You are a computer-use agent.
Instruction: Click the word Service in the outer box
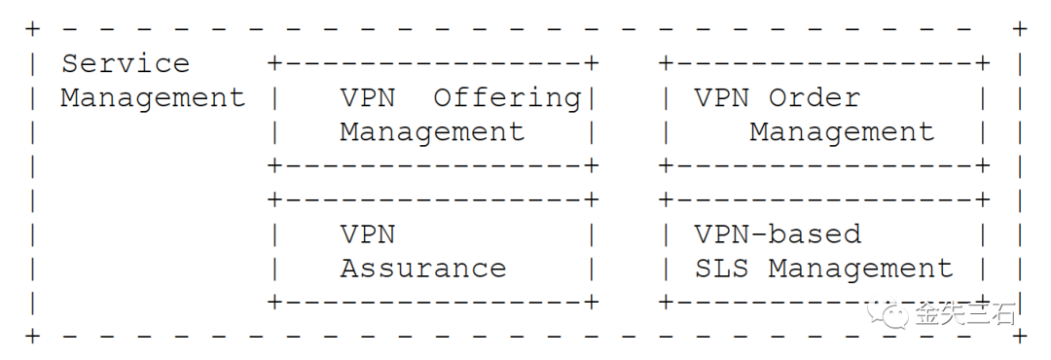(x=126, y=64)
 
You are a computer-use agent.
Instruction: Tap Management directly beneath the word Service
(x=153, y=98)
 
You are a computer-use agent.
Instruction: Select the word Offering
(x=507, y=98)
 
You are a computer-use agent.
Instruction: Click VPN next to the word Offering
(x=367, y=98)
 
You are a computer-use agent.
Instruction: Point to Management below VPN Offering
(x=432, y=132)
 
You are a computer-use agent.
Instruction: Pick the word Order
(x=814, y=98)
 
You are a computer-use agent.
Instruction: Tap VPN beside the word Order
(x=722, y=98)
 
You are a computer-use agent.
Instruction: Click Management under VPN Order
(x=841, y=132)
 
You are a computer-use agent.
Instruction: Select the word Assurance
(x=423, y=269)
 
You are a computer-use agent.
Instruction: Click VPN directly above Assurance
(x=367, y=234)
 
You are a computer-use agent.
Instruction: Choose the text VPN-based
(x=778, y=234)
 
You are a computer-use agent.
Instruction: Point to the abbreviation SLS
(x=722, y=269)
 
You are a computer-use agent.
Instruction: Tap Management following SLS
(x=860, y=269)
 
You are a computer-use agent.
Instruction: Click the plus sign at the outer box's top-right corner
(x=1019, y=29)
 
